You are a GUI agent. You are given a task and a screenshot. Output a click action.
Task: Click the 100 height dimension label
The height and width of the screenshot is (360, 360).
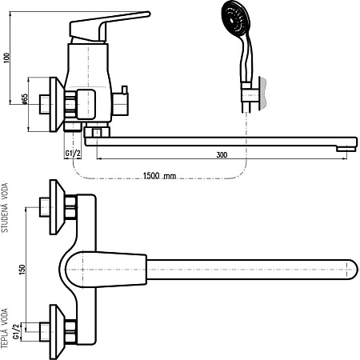click(x=6, y=58)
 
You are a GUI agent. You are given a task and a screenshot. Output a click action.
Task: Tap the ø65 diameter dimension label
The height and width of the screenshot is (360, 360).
click(x=24, y=98)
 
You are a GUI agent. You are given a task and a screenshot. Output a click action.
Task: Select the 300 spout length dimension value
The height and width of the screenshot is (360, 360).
click(x=222, y=154)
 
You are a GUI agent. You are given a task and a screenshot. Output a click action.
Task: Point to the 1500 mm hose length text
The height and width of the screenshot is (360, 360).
click(x=159, y=176)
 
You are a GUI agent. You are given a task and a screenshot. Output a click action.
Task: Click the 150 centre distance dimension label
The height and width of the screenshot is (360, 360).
click(x=22, y=270)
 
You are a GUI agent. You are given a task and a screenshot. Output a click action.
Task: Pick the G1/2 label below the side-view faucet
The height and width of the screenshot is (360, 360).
click(x=73, y=154)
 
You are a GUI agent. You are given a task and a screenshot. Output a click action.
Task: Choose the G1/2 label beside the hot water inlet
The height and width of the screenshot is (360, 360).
click(x=17, y=331)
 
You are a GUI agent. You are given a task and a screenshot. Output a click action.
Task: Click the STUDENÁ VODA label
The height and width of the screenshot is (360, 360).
click(x=5, y=207)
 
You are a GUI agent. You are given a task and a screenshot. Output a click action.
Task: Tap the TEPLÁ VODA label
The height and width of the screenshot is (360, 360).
click(x=5, y=328)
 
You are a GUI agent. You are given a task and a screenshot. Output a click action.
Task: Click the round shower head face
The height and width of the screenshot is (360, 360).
click(x=236, y=18)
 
